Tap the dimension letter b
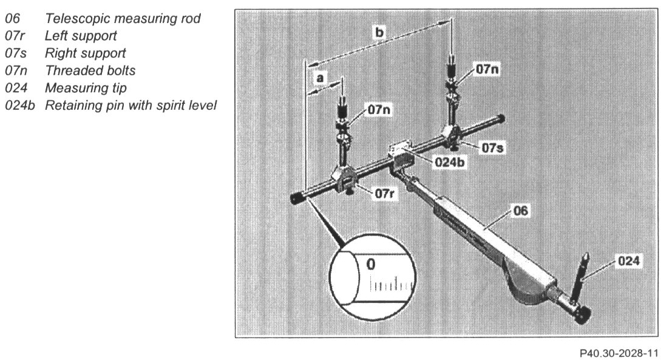(x=379, y=33)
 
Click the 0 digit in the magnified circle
(x=372, y=264)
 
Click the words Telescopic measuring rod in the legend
(x=123, y=20)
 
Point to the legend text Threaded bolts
(x=90, y=70)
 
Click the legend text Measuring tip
(x=86, y=88)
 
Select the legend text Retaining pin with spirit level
(x=131, y=105)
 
